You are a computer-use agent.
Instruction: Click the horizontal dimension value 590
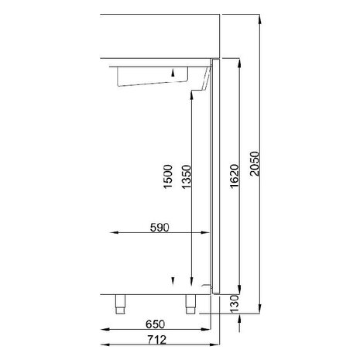coord(159,228)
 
